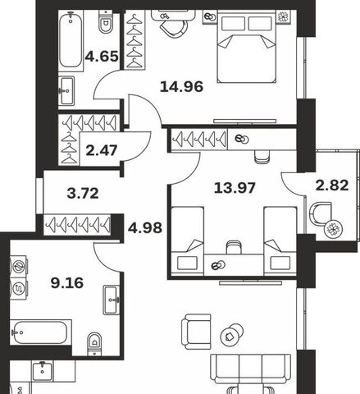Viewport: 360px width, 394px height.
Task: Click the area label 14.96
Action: tap(181, 87)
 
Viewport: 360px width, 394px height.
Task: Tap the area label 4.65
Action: tap(102, 57)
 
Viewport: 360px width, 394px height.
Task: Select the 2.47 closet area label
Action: tap(102, 150)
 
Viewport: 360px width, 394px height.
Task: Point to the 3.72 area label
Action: tap(83, 194)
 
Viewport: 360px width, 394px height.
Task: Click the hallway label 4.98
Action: tap(145, 228)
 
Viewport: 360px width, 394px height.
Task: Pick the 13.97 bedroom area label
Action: tap(235, 188)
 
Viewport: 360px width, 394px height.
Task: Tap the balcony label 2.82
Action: tap(332, 186)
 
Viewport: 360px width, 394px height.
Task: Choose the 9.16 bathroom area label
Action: tap(67, 283)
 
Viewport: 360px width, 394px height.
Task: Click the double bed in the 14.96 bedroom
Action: tap(246, 48)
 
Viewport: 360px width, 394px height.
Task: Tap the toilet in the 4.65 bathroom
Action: tap(106, 23)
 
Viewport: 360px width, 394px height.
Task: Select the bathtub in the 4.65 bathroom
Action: tap(71, 39)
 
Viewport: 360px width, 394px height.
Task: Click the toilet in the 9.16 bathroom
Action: tap(94, 344)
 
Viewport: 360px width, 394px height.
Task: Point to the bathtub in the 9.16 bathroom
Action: tap(40, 332)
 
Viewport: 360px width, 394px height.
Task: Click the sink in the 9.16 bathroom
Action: tap(111, 300)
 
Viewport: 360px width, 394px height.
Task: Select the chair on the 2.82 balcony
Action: tap(321, 213)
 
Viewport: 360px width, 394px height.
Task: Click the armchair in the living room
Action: tap(196, 332)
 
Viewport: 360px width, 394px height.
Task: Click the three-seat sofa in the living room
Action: tap(250, 369)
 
